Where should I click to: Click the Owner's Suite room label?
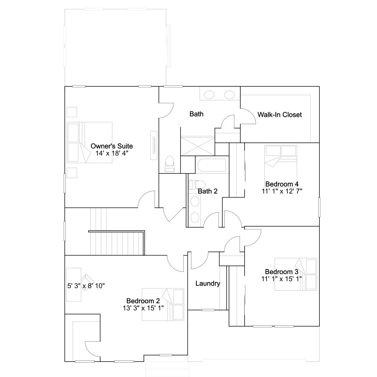(112, 146)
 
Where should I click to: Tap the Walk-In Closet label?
(280, 115)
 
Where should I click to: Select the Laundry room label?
(208, 283)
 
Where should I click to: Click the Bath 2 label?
(208, 191)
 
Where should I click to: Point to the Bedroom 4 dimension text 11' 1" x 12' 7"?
(282, 191)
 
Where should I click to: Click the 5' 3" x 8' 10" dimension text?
(86, 286)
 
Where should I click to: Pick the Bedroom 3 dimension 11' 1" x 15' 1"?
(282, 279)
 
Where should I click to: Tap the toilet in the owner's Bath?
(170, 164)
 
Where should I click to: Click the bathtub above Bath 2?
(212, 165)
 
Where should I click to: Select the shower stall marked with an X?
(197, 146)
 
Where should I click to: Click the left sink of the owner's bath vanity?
(209, 95)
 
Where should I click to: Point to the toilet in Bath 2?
(197, 185)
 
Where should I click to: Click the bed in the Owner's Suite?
(90, 142)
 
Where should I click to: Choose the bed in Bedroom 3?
(296, 274)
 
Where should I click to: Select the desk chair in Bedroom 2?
(87, 282)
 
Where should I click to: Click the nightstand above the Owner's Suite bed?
(72, 112)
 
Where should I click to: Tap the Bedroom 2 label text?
(143, 301)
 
